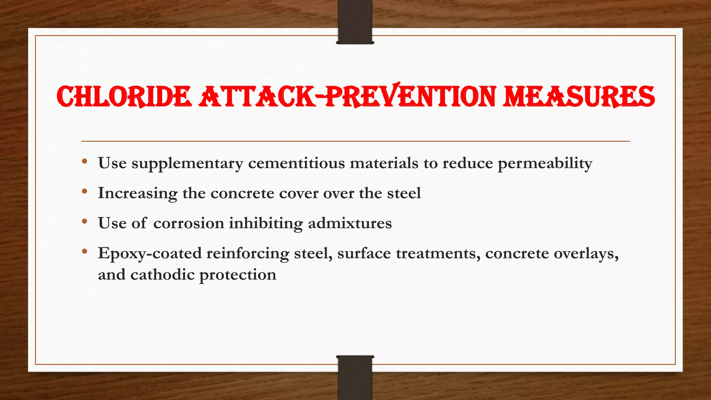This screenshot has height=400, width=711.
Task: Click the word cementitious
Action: pyautogui.click(x=296, y=163)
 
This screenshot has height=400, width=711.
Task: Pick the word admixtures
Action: pyautogui.click(x=350, y=223)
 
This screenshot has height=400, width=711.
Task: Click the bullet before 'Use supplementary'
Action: pyautogui.click(x=85, y=161)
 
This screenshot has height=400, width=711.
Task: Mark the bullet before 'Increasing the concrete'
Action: pyautogui.click(x=85, y=191)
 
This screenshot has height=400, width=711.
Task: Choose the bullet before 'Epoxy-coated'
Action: pyautogui.click(x=85, y=251)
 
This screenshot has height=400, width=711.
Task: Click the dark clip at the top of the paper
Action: pyautogui.click(x=355, y=22)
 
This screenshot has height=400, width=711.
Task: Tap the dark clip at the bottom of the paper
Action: pyautogui.click(x=355, y=377)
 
